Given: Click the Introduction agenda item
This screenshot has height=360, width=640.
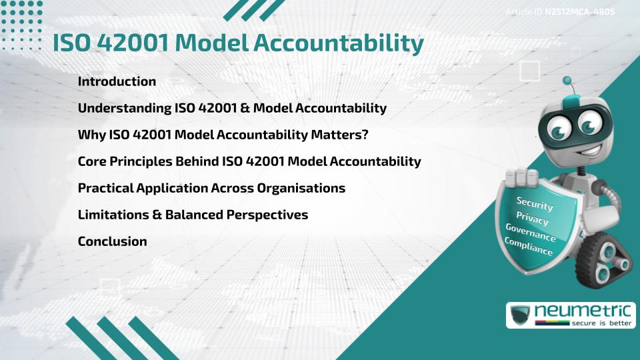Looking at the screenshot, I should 117,81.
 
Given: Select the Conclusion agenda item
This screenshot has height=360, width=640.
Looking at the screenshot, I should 112,241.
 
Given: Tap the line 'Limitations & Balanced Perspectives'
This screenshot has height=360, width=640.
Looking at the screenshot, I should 193,215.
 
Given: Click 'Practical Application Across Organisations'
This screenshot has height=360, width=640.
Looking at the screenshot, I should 211,188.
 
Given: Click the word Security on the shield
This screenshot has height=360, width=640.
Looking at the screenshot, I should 535,203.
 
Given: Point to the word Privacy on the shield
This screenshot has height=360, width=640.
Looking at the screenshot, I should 532,218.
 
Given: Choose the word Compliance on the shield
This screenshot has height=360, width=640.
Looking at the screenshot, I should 529,247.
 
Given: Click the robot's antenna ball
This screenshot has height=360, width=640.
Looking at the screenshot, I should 568,81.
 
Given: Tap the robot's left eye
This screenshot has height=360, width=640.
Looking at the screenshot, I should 559,125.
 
